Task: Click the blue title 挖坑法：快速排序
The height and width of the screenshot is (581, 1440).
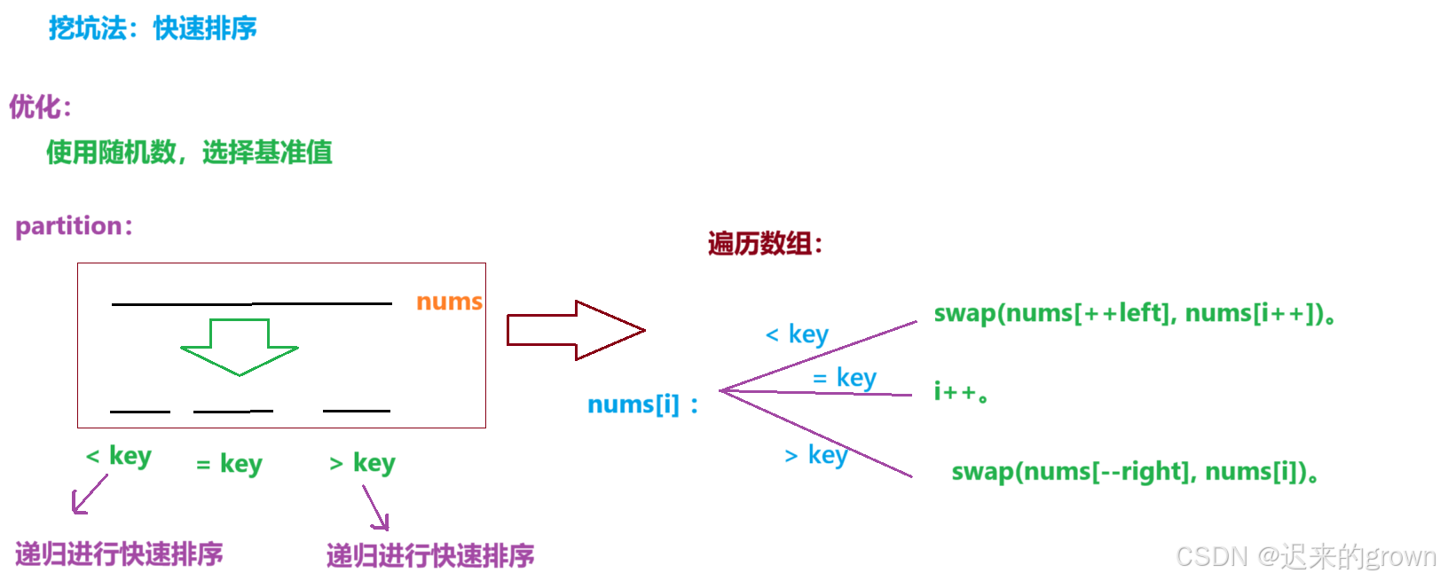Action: [x=153, y=28]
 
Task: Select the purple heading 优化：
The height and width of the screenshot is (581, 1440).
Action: [x=40, y=107]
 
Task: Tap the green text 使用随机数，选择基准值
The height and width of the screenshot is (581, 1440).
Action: [x=189, y=153]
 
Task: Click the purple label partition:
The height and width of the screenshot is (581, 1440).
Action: [x=74, y=226]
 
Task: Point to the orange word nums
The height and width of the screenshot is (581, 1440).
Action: [x=449, y=302]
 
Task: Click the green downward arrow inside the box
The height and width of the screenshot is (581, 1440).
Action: [x=240, y=347]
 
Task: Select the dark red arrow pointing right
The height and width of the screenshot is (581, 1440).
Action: [x=575, y=330]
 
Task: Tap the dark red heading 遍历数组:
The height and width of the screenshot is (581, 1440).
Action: [x=765, y=243]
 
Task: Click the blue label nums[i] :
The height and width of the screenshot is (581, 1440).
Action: [x=642, y=404]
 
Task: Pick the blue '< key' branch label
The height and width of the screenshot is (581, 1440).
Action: [x=797, y=334]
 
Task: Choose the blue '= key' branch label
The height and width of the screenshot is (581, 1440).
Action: [x=845, y=379]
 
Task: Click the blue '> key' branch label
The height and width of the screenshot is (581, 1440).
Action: [x=816, y=455]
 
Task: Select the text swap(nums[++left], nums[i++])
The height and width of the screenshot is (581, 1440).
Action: [x=1134, y=313]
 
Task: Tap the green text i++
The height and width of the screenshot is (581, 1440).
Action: [x=961, y=391]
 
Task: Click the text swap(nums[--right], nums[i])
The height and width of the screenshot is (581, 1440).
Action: [x=1134, y=471]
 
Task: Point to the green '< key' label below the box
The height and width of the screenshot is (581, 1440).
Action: [x=119, y=456]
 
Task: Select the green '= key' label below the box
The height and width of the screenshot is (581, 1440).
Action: [x=230, y=464]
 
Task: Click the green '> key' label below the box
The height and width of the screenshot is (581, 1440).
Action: [x=362, y=463]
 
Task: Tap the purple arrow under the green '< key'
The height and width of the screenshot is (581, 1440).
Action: [x=89, y=494]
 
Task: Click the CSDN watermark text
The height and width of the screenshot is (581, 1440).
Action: [x=1305, y=556]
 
